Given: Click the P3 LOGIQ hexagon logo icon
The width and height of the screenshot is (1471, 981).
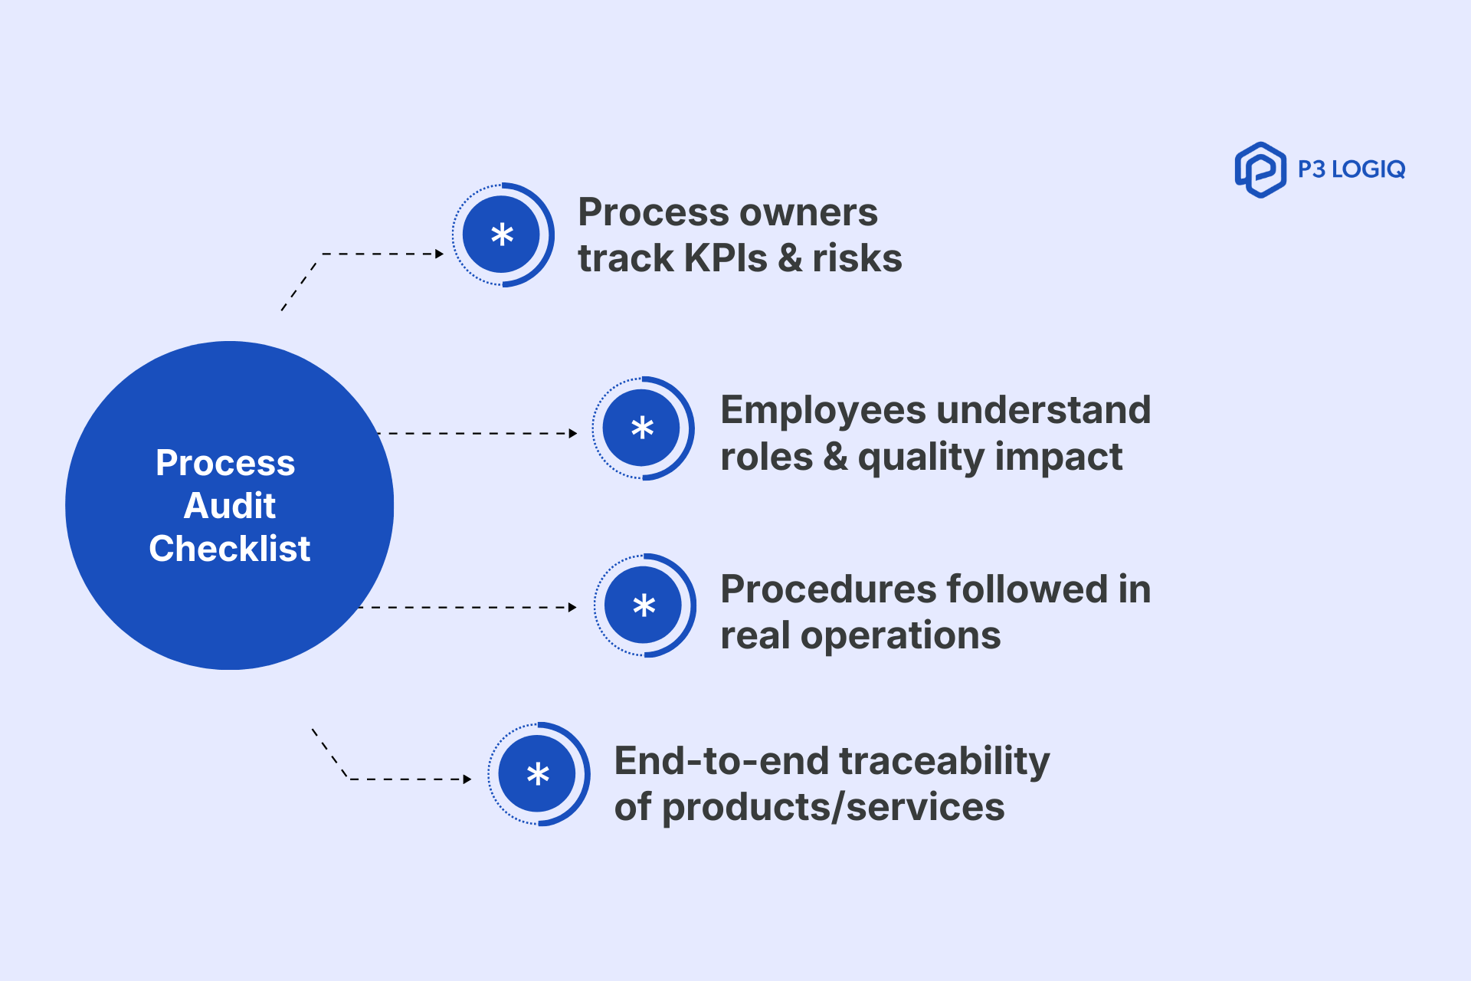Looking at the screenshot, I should tap(1260, 169).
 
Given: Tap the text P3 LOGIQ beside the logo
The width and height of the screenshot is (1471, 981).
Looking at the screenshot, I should tap(1351, 169).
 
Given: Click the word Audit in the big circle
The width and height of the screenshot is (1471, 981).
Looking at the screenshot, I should tap(229, 506).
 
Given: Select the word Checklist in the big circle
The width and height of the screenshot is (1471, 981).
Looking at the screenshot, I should tap(229, 549).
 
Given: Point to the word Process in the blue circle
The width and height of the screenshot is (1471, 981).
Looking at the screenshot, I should tap(225, 463).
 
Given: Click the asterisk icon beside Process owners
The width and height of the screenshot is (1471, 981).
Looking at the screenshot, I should tap(502, 235).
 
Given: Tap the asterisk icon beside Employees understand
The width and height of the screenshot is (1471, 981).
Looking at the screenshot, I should tap(642, 428).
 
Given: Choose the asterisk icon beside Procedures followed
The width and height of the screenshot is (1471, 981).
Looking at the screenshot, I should tap(644, 605).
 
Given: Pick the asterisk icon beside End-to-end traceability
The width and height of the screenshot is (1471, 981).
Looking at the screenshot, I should tap(538, 774).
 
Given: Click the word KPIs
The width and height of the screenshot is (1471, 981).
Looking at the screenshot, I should tap(725, 258).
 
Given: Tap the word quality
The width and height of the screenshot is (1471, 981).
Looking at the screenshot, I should tap(919, 458).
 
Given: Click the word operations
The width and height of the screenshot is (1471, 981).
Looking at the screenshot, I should tap(900, 635).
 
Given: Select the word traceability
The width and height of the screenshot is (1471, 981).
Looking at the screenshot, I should tap(944, 761).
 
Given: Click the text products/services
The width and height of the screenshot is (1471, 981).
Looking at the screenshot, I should tap(833, 807).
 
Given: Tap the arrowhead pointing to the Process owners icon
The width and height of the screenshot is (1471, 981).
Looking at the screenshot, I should tap(439, 254).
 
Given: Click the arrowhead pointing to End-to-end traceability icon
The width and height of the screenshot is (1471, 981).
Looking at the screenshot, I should tap(467, 779).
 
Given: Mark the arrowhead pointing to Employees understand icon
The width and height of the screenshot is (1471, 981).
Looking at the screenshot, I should tap(572, 433).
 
